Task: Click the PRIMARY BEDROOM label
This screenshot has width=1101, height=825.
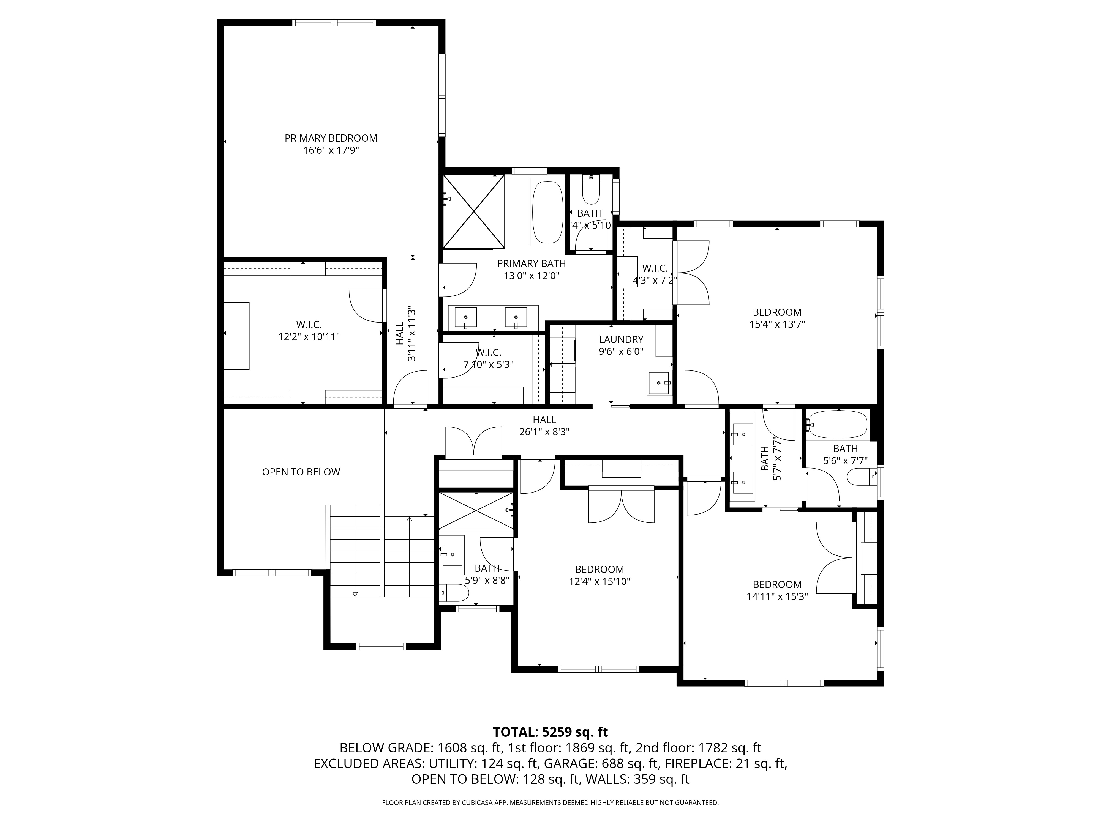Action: [331, 138]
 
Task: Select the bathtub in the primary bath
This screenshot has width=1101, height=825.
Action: [547, 211]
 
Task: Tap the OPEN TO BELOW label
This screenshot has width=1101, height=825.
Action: [301, 472]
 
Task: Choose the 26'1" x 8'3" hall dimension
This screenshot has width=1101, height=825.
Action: [544, 432]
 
